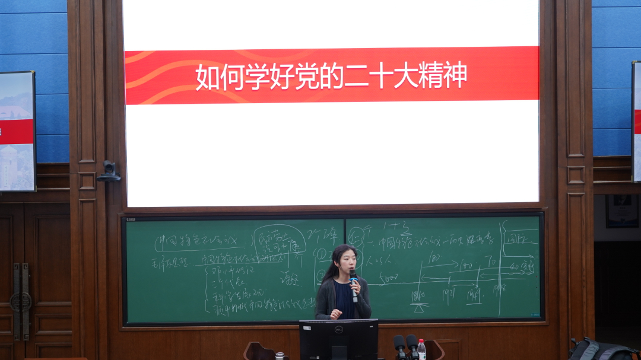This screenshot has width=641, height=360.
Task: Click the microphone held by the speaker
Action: pos(354,285)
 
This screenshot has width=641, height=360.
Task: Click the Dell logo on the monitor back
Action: pos(338,325)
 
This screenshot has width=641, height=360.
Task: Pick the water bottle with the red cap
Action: pos(421,349)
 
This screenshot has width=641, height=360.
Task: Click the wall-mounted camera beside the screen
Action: pos(109,171)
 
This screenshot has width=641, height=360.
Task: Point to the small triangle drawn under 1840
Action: pos(419,307)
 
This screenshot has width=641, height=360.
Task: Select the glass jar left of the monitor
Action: pos(280,356)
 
